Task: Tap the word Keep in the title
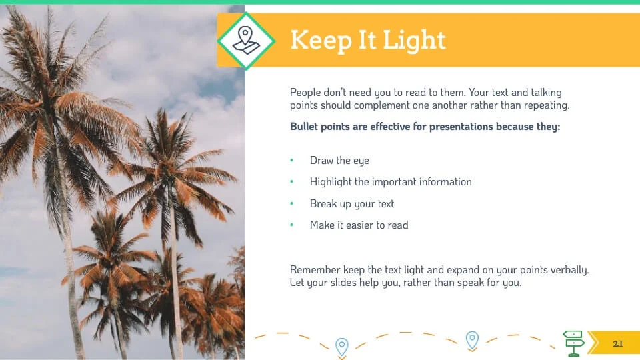point(321,41)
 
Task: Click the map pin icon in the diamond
point(246,41)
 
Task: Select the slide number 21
point(618,344)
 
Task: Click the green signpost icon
point(574,343)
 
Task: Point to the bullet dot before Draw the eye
point(292,161)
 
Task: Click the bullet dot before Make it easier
point(292,225)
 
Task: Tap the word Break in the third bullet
point(323,203)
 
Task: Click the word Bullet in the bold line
point(304,127)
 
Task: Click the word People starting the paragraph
point(305,93)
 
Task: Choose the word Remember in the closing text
point(315,270)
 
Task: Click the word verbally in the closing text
point(569,271)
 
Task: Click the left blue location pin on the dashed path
point(342,347)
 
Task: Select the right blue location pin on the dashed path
point(472,339)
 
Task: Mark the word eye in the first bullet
point(361,161)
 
